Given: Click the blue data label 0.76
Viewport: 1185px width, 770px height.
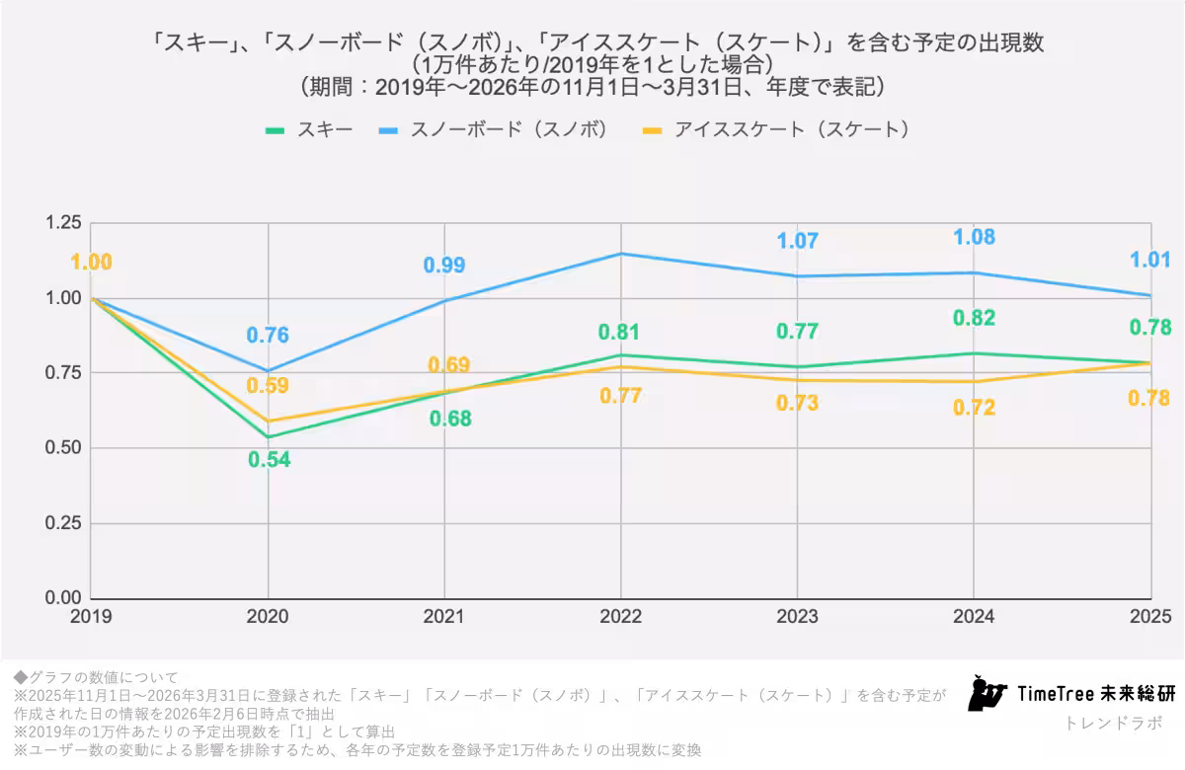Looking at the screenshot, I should click(268, 336).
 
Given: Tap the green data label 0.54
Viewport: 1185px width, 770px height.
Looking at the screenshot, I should click(269, 459).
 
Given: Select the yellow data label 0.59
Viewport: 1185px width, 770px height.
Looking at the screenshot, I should click(268, 385).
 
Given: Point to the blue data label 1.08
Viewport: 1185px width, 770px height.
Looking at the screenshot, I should click(974, 238).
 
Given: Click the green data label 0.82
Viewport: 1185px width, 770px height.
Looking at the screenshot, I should click(974, 318).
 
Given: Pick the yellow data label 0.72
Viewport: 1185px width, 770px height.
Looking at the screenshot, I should click(974, 407).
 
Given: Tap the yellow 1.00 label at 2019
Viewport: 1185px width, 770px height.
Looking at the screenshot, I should click(91, 263).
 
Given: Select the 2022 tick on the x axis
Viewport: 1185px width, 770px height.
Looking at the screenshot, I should click(620, 617).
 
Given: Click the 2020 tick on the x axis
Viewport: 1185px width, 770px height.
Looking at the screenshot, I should click(268, 617).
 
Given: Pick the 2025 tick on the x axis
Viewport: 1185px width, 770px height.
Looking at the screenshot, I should click(1150, 617).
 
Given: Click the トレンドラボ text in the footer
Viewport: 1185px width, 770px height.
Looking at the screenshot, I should click(1114, 723).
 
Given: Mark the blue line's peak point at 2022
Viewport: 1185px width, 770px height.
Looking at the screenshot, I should click(620, 254).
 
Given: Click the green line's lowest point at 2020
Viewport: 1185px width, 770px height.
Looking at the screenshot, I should click(268, 436).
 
